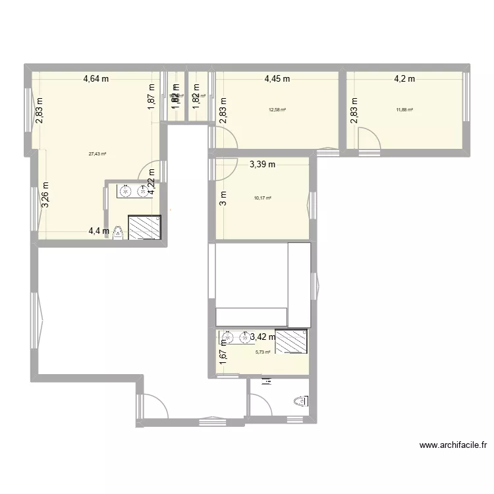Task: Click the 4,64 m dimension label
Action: (96, 79)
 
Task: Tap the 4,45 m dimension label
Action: (277, 79)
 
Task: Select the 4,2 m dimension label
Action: (404, 79)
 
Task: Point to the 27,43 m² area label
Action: (97, 154)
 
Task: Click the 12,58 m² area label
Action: (277, 110)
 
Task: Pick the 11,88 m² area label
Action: (404, 110)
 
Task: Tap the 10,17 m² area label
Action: (263, 198)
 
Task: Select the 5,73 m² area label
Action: (263, 352)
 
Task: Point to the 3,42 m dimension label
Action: (262, 337)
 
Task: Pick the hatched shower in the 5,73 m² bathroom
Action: (291, 341)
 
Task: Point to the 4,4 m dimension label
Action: (99, 231)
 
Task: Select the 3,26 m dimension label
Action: (45, 195)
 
